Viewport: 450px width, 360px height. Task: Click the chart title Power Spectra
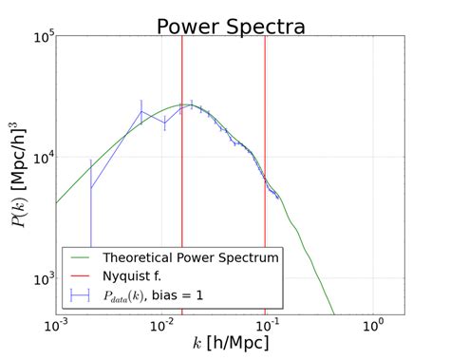click(231, 26)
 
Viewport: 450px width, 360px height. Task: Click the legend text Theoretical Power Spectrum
click(190, 257)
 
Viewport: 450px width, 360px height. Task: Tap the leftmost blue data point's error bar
click(91, 199)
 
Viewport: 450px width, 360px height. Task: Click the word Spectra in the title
click(270, 26)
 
